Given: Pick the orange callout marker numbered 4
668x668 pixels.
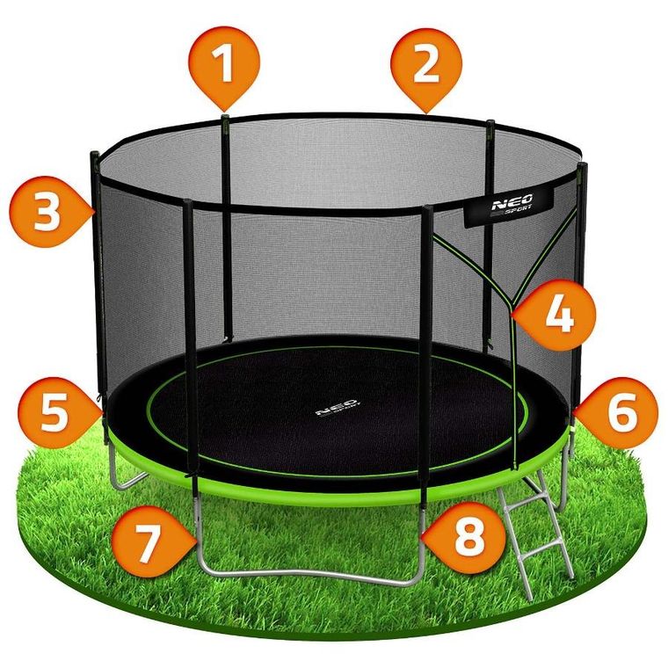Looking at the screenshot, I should coord(558,315).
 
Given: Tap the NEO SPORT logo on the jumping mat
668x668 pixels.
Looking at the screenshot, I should coord(338,410).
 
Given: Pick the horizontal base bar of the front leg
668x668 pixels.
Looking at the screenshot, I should coord(308,576).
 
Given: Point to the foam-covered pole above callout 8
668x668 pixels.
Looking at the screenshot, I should coord(425,352).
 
